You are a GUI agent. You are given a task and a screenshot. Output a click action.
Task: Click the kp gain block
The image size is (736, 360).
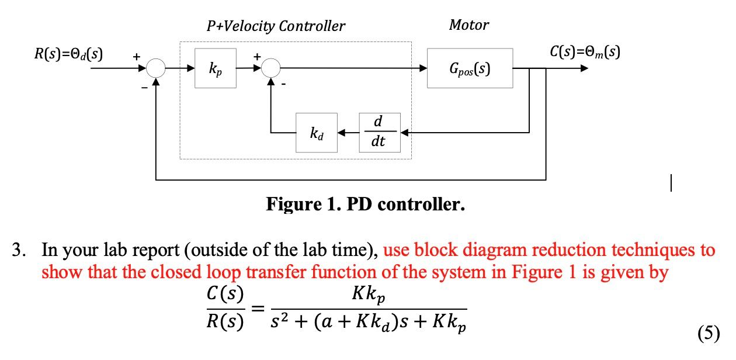click(216, 68)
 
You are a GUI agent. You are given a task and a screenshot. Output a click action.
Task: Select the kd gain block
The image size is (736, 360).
click(316, 133)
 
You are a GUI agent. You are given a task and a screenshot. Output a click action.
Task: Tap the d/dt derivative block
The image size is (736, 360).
click(379, 133)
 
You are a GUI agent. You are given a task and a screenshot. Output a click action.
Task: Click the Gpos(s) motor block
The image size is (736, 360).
click(470, 68)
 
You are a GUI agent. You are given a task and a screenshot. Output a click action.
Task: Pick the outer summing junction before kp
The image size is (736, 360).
click(156, 68)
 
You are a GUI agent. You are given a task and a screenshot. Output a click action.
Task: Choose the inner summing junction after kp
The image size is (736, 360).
click(271, 68)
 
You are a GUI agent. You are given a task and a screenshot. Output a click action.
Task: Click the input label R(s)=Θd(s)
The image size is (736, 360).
click(68, 54)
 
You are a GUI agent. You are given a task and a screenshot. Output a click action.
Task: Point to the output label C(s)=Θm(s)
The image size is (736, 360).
click(585, 52)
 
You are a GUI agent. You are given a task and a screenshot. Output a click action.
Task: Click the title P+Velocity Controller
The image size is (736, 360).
click(276, 26)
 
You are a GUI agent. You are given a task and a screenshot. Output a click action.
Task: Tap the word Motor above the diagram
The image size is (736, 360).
click(468, 25)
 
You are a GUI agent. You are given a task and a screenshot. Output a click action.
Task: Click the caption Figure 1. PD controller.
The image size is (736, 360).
click(366, 205)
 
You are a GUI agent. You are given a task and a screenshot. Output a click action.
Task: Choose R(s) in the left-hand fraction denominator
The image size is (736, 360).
click(226, 322)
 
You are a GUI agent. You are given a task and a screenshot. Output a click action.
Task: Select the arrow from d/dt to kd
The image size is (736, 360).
click(348, 133)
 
